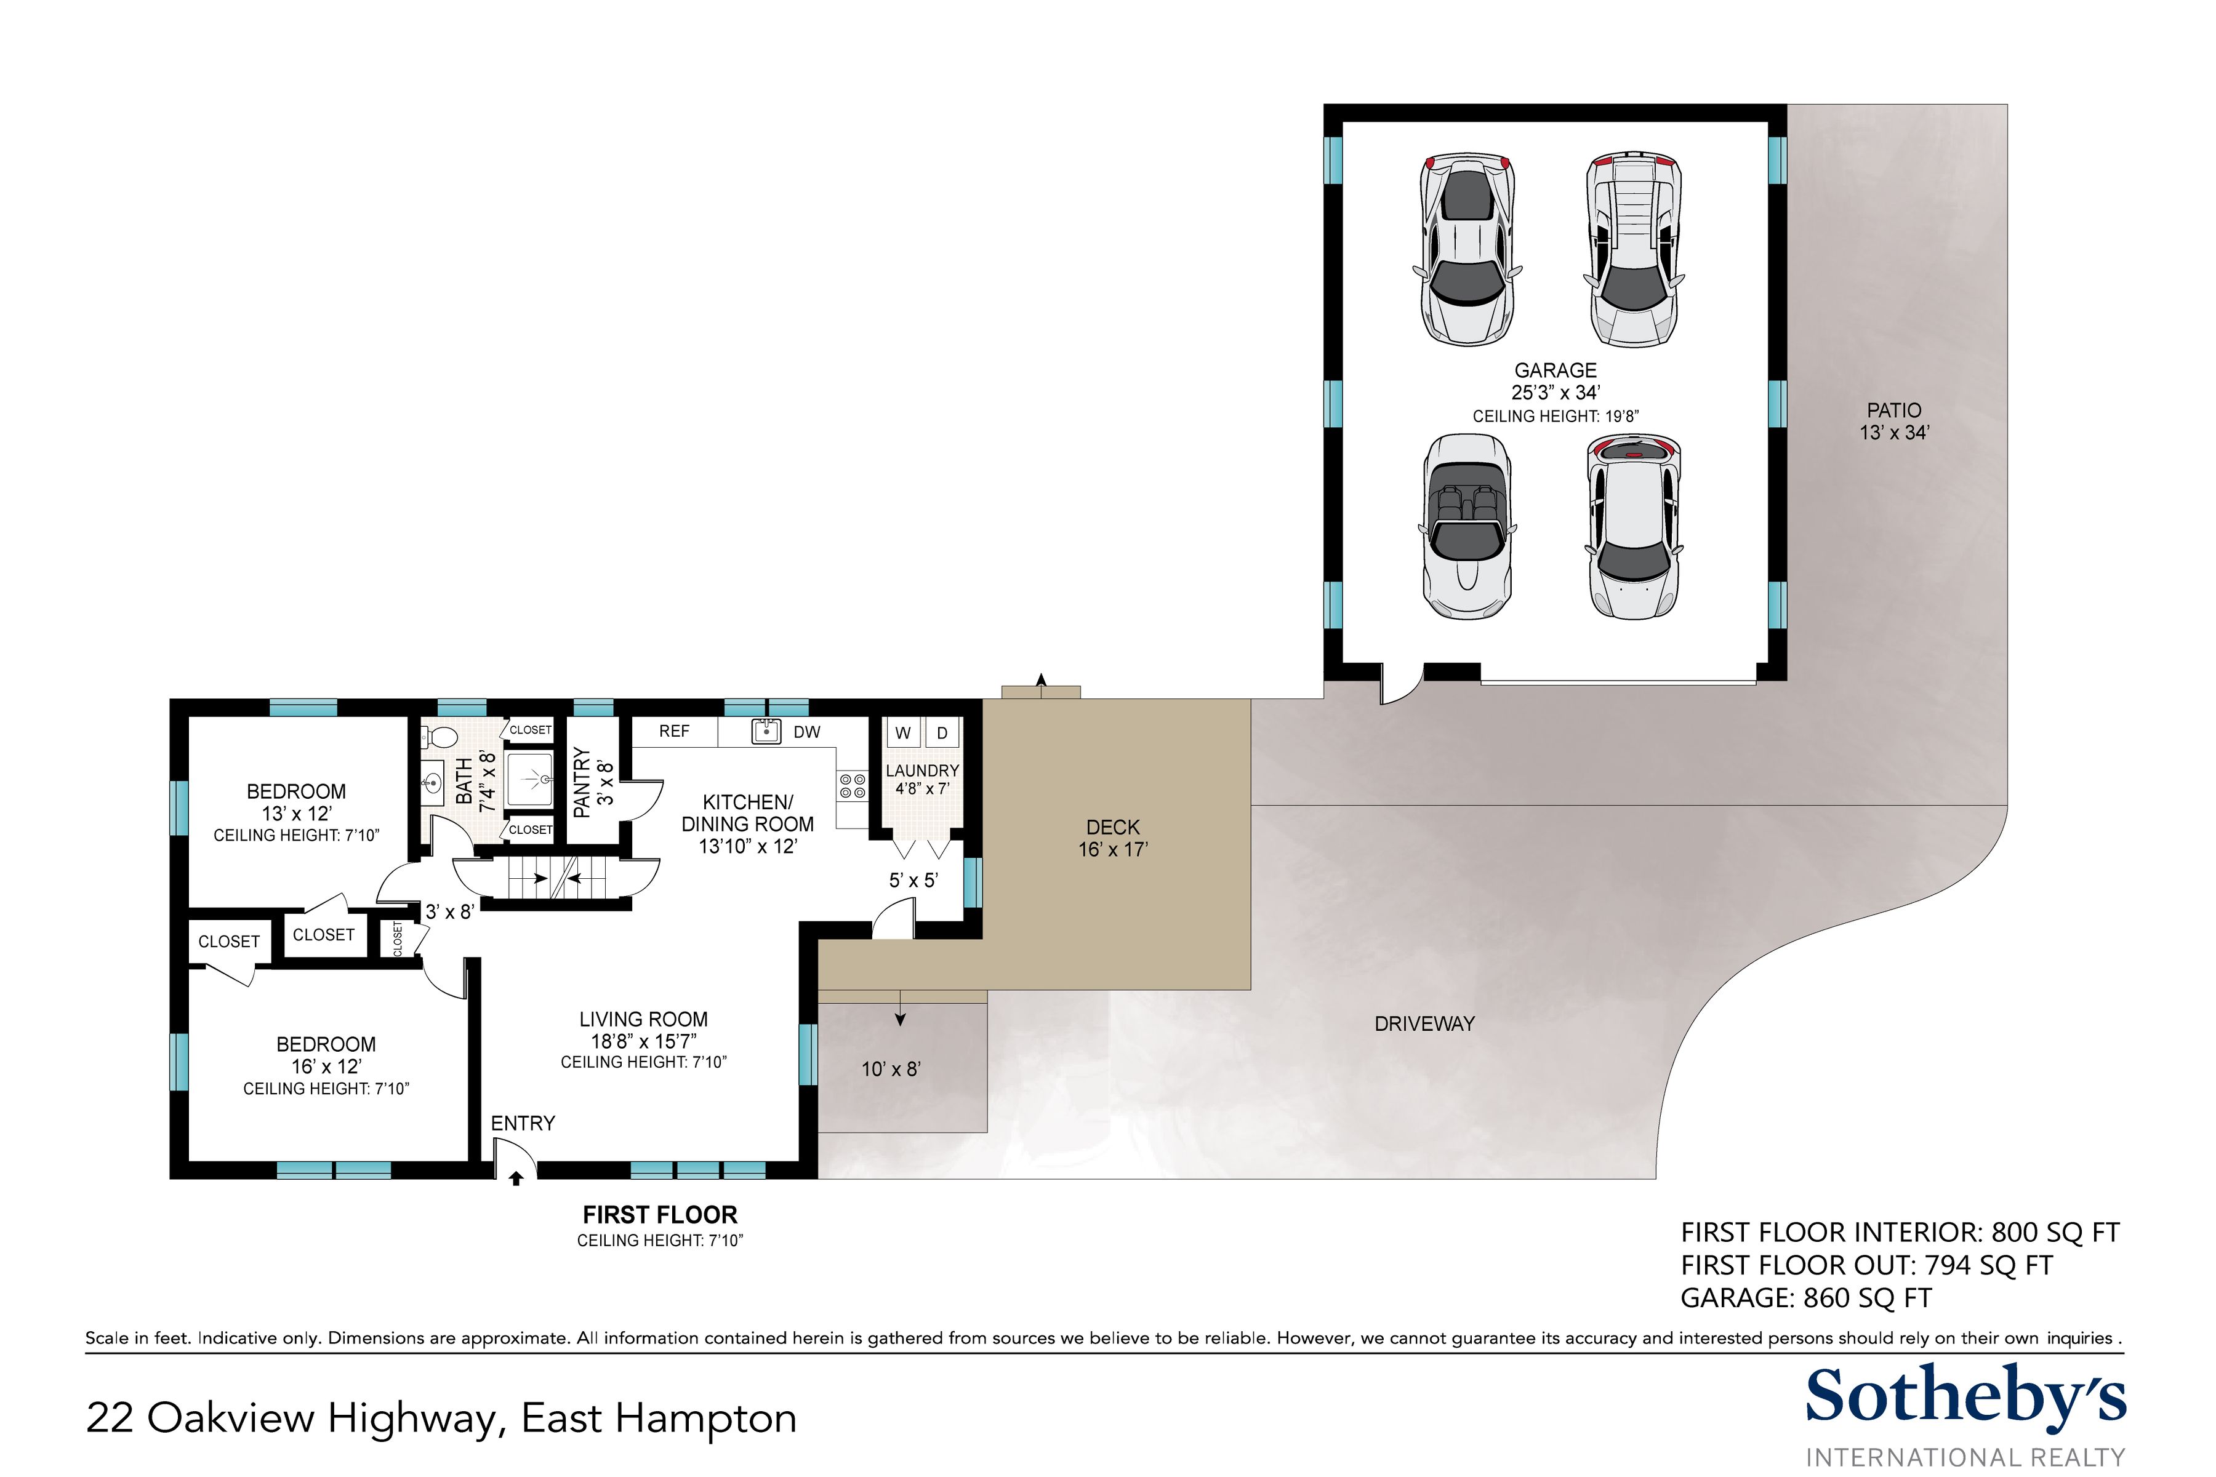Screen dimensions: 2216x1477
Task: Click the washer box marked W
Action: [x=902, y=733]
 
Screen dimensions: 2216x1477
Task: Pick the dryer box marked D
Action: [x=941, y=733]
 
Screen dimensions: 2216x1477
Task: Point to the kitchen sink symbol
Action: [x=767, y=731]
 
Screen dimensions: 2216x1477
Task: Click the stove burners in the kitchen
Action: [x=852, y=786]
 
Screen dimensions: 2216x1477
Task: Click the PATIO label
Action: [x=1894, y=410]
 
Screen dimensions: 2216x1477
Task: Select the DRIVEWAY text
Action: [x=1424, y=1024]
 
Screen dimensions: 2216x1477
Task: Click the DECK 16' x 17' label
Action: [x=1113, y=838]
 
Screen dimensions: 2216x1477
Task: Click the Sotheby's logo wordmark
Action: [x=1965, y=1398]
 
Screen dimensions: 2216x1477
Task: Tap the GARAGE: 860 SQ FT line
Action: [x=1806, y=1298]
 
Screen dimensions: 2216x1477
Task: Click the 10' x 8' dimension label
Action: [x=890, y=1069]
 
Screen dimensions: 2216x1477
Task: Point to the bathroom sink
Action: [x=433, y=782]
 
